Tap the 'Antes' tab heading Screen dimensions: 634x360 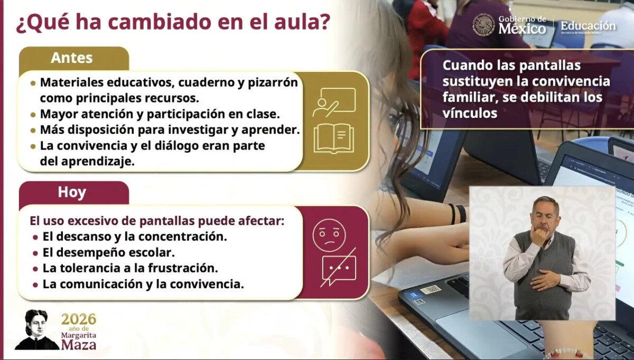click(x=72, y=58)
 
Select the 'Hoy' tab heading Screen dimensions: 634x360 click(x=72, y=192)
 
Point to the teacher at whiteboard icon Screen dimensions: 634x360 click(x=334, y=102)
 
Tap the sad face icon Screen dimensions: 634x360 click(x=329, y=235)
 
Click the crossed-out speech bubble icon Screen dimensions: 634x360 click(x=339, y=267)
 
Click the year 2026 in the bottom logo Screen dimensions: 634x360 click(x=79, y=319)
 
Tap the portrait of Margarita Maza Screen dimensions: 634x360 click(x=36, y=330)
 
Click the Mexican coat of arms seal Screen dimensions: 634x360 click(x=484, y=25)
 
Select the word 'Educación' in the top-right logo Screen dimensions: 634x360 click(x=588, y=26)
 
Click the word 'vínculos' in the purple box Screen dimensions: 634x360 click(x=470, y=113)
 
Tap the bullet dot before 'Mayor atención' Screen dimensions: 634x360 click(x=33, y=115)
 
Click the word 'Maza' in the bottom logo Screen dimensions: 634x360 click(x=79, y=345)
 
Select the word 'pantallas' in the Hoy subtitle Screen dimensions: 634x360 click(x=167, y=221)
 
